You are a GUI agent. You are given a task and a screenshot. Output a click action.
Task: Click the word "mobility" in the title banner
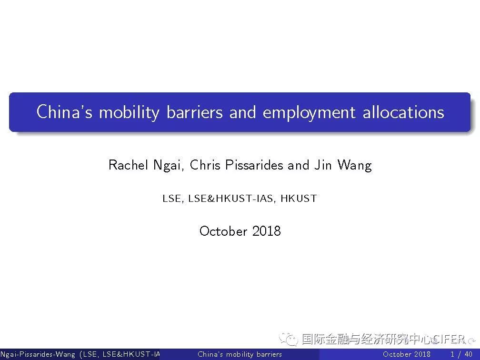point(129,112)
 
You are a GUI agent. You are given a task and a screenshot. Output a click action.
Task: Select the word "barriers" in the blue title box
point(194,112)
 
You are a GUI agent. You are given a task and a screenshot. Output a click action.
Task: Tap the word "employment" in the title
point(309,112)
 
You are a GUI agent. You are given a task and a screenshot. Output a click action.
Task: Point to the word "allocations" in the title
point(403,112)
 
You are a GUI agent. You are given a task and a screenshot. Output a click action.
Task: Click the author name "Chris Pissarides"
point(236,165)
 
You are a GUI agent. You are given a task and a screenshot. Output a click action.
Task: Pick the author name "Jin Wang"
point(343,165)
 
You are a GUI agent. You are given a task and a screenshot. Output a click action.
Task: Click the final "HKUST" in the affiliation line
point(299,199)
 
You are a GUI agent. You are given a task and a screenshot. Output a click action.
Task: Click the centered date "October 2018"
point(240,231)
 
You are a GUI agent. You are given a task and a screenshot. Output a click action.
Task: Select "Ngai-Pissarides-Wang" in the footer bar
point(38,354)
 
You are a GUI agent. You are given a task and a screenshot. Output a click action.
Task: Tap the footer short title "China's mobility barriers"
point(240,354)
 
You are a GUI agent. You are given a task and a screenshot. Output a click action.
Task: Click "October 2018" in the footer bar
point(407,354)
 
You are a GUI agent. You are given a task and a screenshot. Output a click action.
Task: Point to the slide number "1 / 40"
point(461,354)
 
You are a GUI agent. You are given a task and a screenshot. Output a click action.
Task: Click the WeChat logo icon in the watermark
point(288,339)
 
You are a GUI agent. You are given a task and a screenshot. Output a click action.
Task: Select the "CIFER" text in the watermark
point(449,339)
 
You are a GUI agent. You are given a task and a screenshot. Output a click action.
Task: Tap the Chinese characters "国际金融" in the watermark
point(324,339)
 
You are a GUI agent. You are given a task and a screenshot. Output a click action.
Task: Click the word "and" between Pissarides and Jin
point(299,165)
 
